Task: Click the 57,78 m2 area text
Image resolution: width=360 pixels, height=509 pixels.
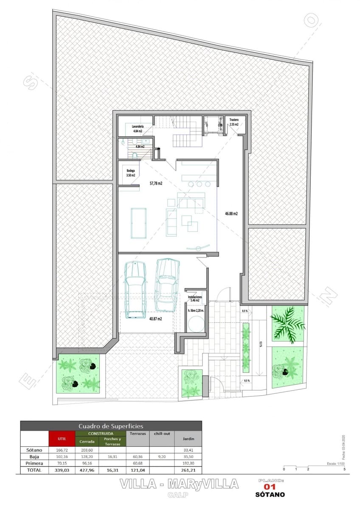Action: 156,184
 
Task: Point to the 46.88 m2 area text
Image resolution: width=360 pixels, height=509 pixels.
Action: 231,214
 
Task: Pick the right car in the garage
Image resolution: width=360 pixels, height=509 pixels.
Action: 166,285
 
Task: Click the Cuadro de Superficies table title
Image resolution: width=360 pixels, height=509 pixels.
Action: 111,426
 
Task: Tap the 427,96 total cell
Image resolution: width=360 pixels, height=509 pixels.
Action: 87,470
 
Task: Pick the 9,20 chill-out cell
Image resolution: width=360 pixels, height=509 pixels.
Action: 161,457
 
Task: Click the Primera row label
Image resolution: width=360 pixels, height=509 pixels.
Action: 34,464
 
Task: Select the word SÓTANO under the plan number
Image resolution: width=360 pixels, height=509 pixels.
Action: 270,495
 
